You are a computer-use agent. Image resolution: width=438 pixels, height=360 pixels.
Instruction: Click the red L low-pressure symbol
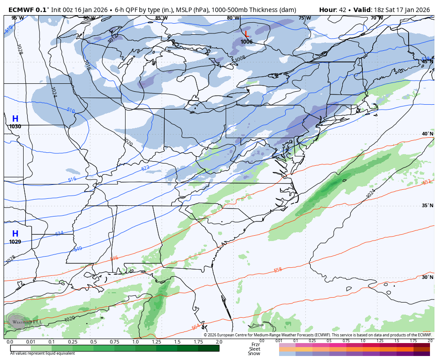247,34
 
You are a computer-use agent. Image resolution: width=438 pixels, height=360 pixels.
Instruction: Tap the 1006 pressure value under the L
247,42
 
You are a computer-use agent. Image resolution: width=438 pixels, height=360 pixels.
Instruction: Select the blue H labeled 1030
15,119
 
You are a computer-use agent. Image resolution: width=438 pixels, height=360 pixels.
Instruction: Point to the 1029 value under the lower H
15,242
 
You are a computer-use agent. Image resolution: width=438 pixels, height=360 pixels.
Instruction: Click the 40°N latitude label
427,134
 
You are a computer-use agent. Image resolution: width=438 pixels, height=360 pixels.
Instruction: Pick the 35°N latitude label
427,206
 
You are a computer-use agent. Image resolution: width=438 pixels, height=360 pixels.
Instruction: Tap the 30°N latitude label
427,277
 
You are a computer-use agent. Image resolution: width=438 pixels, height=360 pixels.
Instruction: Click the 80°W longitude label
233,18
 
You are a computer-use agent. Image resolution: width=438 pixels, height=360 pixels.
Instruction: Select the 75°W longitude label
304,18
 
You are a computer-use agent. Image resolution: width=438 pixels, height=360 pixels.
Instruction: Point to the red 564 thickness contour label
196,327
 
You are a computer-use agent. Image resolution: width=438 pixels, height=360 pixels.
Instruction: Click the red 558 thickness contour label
278,270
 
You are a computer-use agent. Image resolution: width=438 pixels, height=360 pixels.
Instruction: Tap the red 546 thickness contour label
114,258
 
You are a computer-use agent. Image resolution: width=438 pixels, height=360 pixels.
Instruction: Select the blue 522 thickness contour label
145,168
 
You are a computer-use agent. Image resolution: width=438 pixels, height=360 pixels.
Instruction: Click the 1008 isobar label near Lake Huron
239,58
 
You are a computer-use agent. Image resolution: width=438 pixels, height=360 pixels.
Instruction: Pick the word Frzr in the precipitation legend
255,344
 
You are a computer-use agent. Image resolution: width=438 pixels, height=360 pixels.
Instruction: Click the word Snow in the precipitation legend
255,353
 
